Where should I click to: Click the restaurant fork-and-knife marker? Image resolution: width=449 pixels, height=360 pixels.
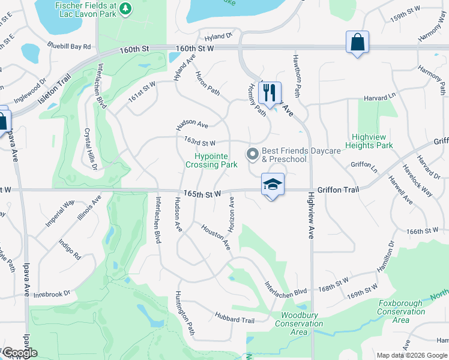coord(270,92)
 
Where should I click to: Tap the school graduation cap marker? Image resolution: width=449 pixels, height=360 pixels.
coord(272,184)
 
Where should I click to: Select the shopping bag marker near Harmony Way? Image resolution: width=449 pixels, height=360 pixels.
coord(357,42)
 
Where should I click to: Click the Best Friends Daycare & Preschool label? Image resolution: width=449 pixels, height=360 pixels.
coord(284,155)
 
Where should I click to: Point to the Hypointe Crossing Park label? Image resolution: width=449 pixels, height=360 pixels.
coord(207,160)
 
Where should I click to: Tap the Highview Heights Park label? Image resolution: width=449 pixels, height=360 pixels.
coord(372,141)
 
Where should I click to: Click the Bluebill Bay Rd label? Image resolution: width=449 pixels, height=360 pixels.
coord(70,46)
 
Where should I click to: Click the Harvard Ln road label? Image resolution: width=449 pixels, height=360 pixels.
coord(380,97)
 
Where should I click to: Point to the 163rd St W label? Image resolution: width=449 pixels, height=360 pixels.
coord(199,142)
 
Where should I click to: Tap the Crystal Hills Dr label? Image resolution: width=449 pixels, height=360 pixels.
coord(90,149)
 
